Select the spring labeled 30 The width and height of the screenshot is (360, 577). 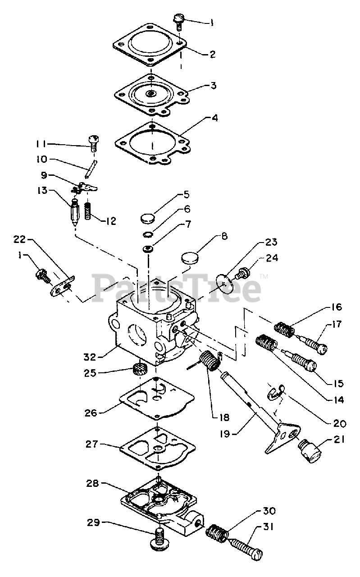[217, 531]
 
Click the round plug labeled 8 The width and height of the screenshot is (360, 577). [190, 259]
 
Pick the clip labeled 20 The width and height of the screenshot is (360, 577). [275, 392]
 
